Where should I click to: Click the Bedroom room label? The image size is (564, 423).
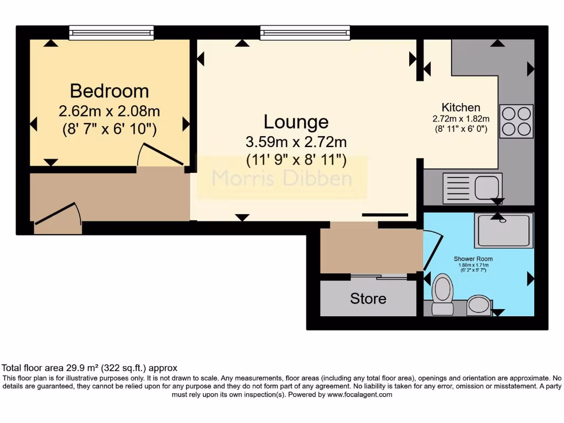(109, 91)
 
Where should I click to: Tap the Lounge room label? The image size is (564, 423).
(296, 121)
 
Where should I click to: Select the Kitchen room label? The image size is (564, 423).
(461, 107)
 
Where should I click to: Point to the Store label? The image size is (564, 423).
(368, 299)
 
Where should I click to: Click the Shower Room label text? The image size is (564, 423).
(473, 259)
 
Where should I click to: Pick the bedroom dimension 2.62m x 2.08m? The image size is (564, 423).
(109, 111)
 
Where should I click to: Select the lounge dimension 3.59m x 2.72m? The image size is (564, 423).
(296, 142)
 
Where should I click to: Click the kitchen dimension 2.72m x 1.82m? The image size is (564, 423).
(461, 118)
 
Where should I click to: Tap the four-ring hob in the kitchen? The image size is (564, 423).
(516, 121)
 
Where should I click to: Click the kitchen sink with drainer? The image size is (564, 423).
(473, 188)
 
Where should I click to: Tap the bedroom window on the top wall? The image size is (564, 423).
(111, 34)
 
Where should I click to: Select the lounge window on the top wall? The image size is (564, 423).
(305, 34)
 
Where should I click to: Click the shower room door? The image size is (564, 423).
(432, 251)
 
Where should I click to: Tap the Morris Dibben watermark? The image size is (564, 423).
(282, 178)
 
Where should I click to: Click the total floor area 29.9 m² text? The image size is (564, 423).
(89, 367)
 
